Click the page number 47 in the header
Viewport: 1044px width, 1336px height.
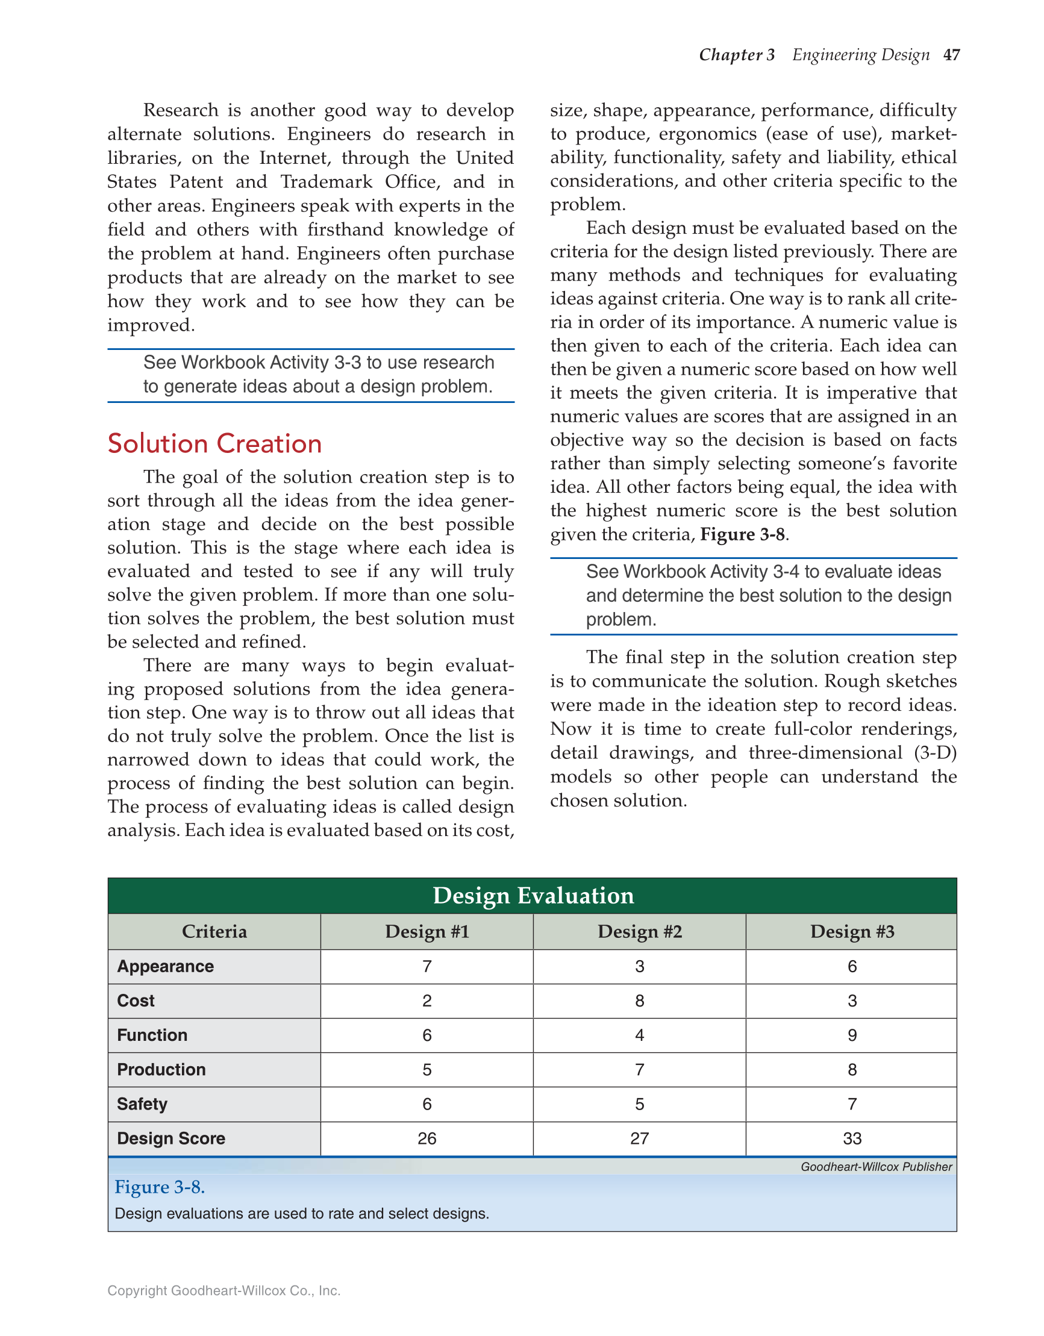pos(951,55)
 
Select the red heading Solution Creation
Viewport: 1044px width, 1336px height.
pos(214,443)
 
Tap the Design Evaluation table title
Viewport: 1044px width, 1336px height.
pos(533,896)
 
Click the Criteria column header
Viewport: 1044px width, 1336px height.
pos(214,932)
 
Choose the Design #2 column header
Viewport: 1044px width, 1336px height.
pos(640,932)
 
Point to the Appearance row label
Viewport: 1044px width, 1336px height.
pos(165,967)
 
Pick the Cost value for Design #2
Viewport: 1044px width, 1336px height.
pos(640,1000)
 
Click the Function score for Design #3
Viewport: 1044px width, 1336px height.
pos(852,1035)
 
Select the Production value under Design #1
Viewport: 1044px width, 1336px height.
pos(427,1069)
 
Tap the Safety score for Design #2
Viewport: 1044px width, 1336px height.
pos(640,1104)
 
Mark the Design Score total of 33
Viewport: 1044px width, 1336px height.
pos(852,1138)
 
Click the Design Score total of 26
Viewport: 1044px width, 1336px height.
pos(427,1138)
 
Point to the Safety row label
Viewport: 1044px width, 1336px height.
pos(142,1104)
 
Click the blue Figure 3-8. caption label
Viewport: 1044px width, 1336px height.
pos(160,1187)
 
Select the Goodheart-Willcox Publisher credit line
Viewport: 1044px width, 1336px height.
pos(876,1167)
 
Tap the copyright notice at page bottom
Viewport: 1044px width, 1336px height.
pos(223,1291)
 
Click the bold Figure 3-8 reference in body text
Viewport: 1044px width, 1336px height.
pos(742,535)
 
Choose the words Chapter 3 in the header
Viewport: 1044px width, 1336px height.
pos(737,55)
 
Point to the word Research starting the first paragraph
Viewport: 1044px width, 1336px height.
pos(181,110)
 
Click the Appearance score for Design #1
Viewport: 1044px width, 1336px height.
pos(427,967)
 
